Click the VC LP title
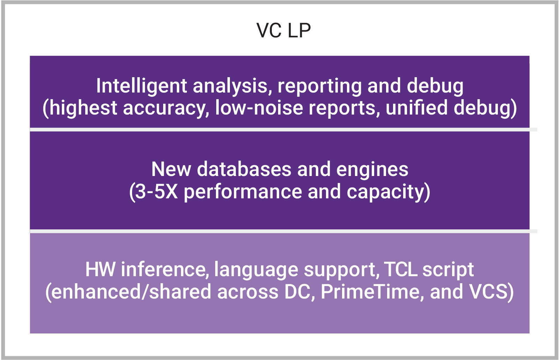click(x=283, y=30)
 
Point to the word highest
click(x=83, y=108)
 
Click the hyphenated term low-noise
click(x=259, y=108)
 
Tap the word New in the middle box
click(x=171, y=169)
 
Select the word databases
click(x=244, y=169)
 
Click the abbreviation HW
click(x=100, y=270)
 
